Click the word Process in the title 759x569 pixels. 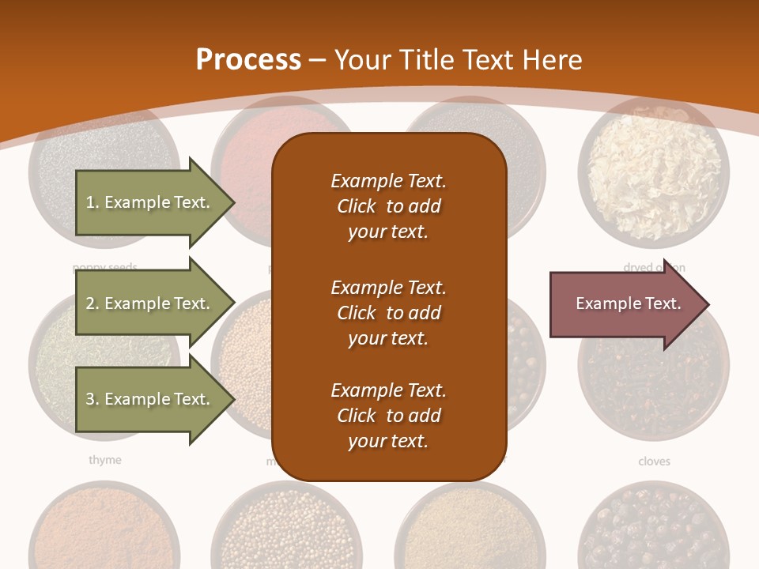coord(248,59)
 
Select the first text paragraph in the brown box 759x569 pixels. coord(388,206)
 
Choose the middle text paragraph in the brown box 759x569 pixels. coord(388,313)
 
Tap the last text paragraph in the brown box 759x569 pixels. coord(388,416)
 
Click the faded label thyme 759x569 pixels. coord(105,460)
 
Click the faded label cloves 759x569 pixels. coord(654,461)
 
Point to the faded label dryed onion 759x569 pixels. coord(653,267)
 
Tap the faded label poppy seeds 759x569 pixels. coord(105,267)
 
